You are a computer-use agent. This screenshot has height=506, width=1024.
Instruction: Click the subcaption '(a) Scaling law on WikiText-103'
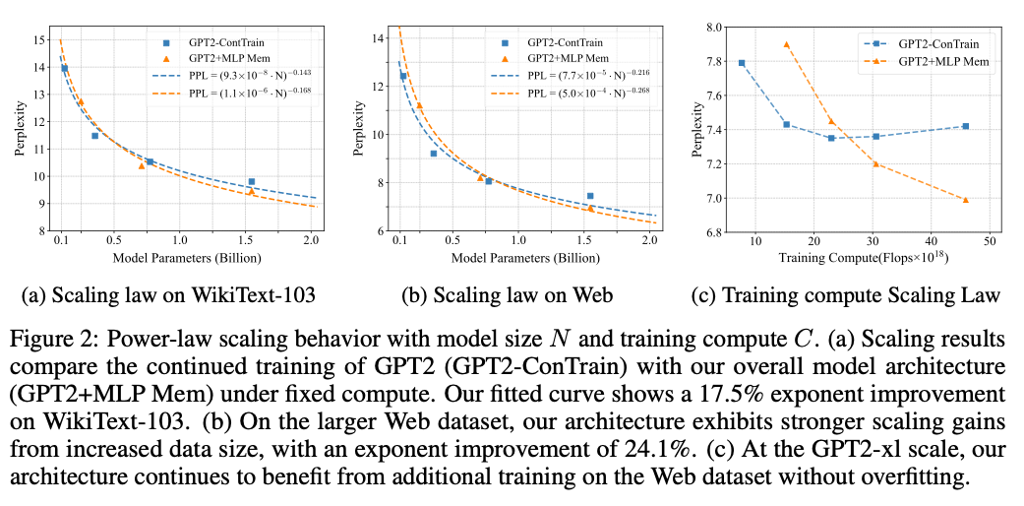[x=167, y=294]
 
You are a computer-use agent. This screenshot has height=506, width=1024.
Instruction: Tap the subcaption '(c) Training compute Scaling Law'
[x=849, y=294]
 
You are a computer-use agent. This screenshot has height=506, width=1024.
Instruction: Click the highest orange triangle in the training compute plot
[x=786, y=44]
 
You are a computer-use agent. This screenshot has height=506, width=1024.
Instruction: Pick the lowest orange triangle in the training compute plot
[x=965, y=200]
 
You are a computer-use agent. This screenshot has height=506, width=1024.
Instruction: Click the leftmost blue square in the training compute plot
[x=741, y=63]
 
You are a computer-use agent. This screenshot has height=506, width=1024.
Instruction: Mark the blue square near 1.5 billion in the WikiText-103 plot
[x=251, y=181]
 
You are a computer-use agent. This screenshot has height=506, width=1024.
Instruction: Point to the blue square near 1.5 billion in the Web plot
[x=590, y=196]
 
